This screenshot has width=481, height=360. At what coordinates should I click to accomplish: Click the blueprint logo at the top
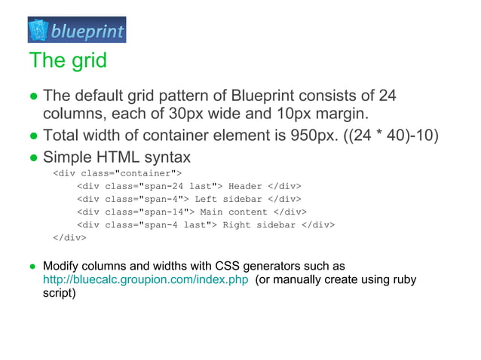point(77,30)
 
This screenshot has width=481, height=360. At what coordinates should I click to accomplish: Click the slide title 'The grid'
point(68,59)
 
